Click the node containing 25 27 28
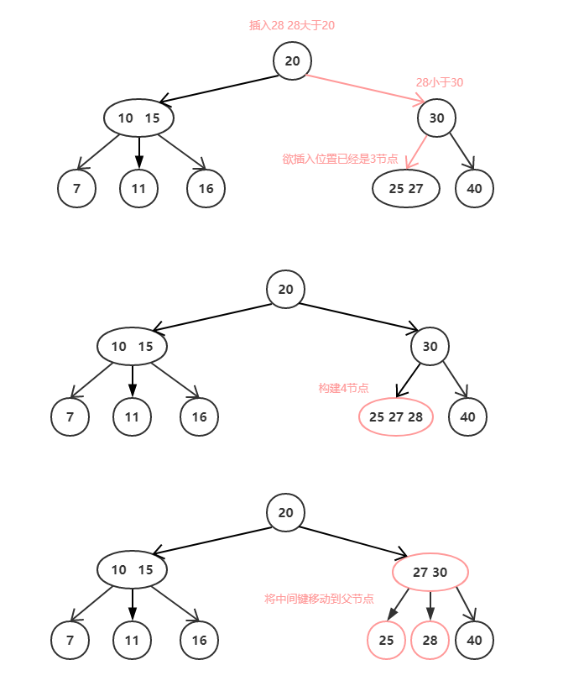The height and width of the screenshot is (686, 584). (396, 416)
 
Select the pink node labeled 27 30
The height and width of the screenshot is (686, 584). (430, 573)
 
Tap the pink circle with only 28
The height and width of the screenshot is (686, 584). (430, 641)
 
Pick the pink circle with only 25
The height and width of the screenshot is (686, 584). (386, 641)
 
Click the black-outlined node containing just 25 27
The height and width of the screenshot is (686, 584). (406, 188)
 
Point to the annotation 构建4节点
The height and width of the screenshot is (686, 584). (343, 388)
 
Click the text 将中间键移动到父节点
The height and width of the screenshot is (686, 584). (319, 599)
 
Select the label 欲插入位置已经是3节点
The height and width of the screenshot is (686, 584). (340, 159)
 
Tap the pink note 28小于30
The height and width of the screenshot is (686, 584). (440, 82)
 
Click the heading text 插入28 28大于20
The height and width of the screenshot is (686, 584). (292, 25)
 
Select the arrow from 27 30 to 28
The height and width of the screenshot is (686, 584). (430, 606)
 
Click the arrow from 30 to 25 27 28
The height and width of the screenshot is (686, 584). (409, 380)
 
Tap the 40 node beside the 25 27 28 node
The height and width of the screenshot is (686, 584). (468, 416)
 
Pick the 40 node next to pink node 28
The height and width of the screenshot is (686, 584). (474, 641)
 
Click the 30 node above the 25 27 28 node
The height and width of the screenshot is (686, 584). (430, 346)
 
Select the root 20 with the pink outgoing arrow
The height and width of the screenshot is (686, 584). (292, 60)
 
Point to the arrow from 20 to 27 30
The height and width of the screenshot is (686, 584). (353, 541)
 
